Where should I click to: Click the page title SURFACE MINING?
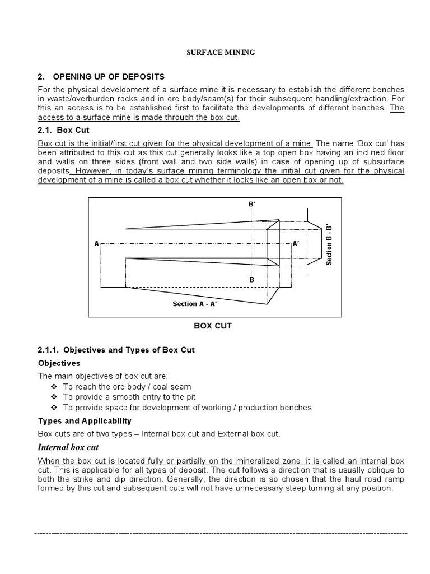(220, 53)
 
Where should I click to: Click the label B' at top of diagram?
(251, 205)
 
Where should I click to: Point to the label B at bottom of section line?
(251, 279)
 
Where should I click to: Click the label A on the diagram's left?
(97, 244)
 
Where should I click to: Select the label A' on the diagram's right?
(296, 244)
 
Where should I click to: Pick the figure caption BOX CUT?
(212, 326)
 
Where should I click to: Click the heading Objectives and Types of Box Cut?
(116, 350)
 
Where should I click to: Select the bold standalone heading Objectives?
(59, 363)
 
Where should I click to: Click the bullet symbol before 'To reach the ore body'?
(54, 387)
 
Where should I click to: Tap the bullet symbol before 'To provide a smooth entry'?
(54, 397)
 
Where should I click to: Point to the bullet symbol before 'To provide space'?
(54, 407)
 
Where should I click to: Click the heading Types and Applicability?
(85, 420)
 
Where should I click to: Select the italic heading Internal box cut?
(68, 447)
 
